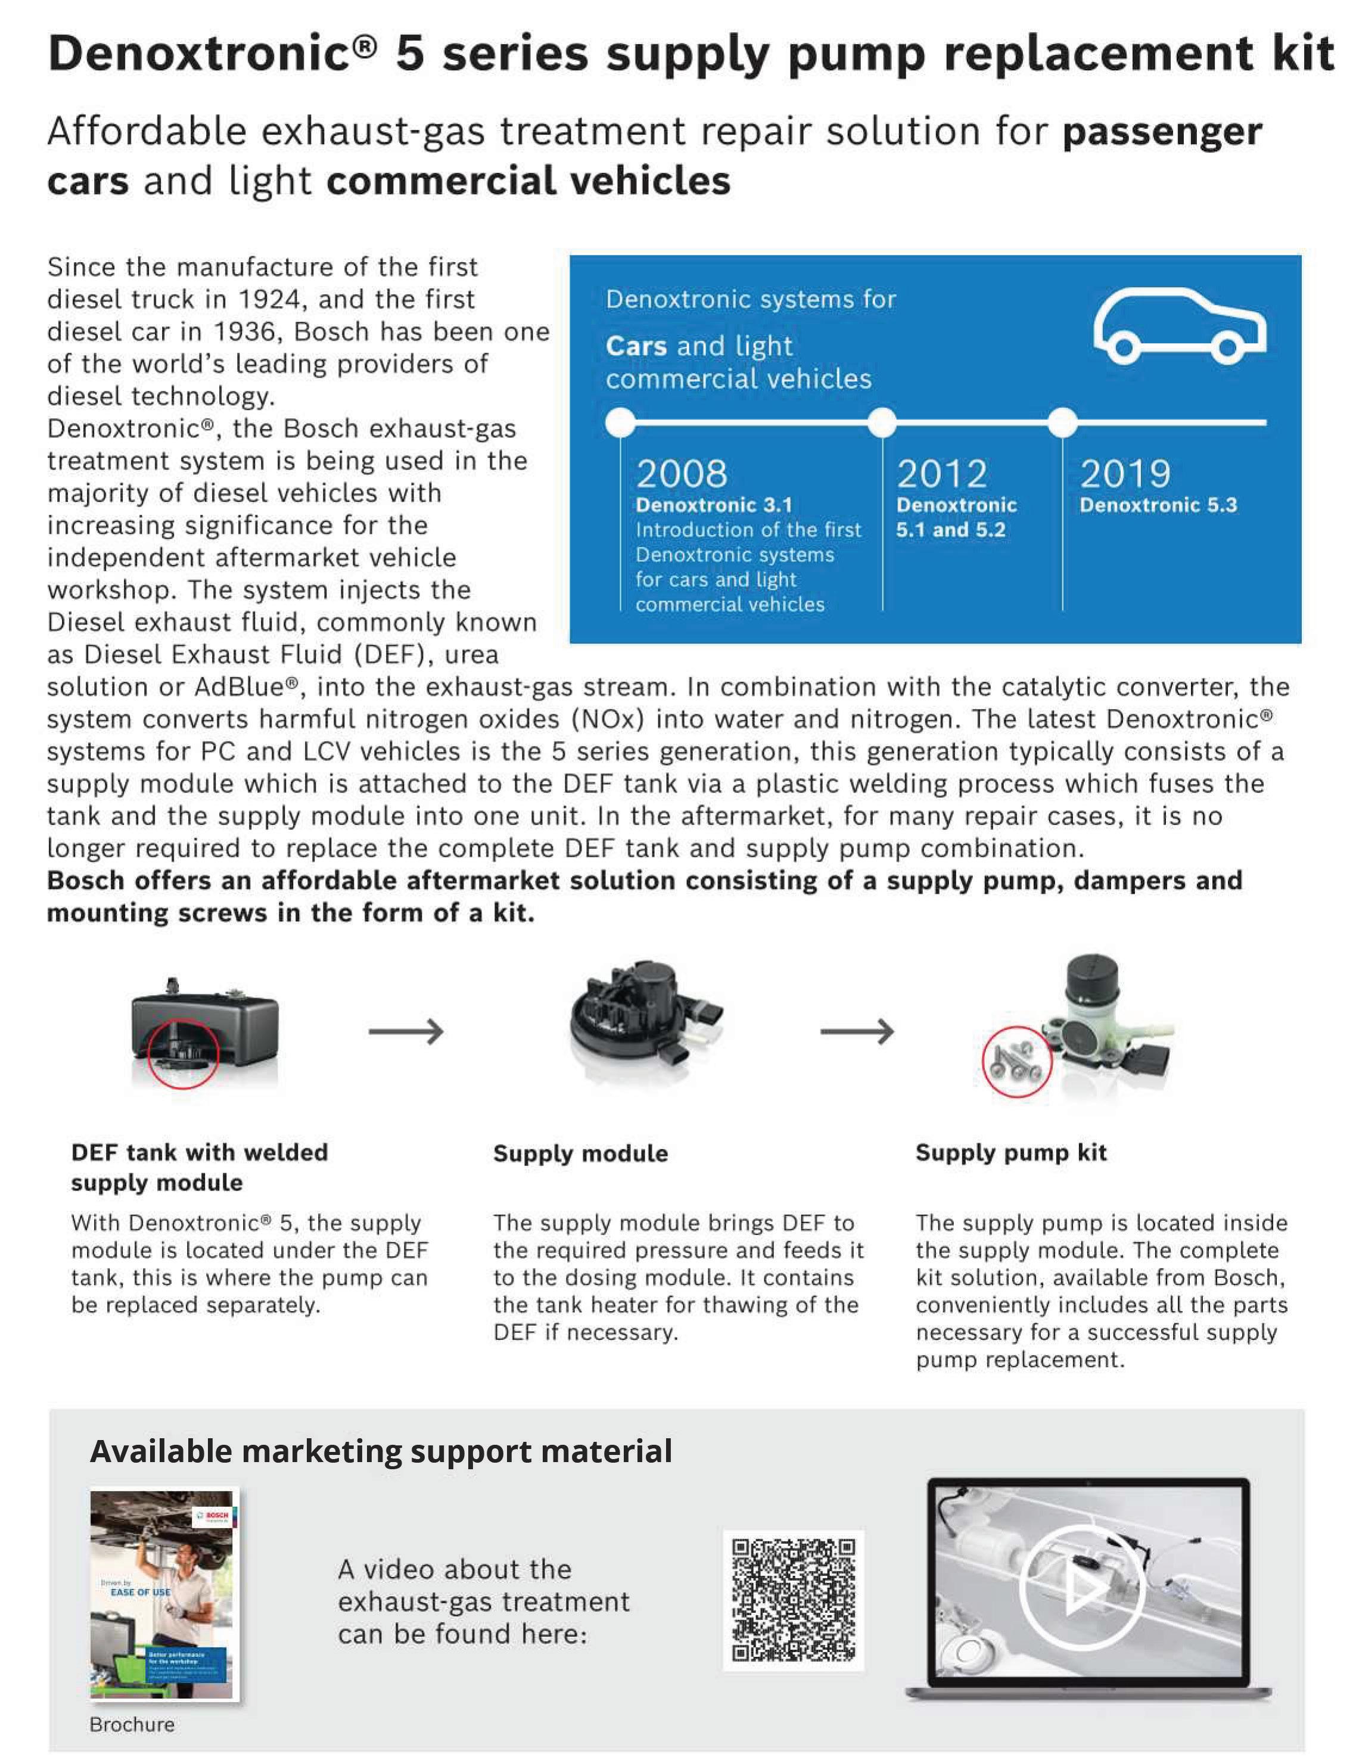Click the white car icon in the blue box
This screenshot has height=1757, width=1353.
[1178, 326]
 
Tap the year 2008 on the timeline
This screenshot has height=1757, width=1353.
[682, 473]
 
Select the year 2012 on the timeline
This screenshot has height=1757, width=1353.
[941, 473]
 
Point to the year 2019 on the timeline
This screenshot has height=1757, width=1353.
[1125, 473]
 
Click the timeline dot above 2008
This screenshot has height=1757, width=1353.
[620, 422]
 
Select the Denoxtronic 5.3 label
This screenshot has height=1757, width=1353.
[1158, 505]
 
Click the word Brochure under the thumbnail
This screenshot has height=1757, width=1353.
[132, 1724]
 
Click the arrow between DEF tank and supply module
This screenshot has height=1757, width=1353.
[406, 1031]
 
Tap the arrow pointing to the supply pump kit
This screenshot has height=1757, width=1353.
[857, 1031]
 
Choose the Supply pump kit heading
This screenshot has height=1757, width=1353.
[1010, 1153]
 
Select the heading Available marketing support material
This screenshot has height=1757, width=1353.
[381, 1451]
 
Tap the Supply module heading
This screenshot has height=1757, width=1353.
[580, 1153]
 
